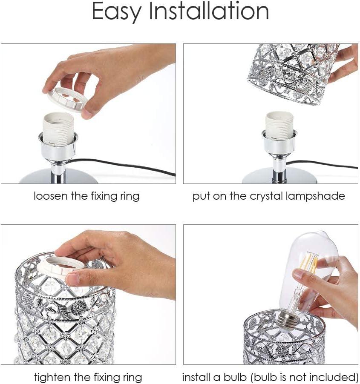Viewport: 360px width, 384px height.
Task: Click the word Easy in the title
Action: point(115,12)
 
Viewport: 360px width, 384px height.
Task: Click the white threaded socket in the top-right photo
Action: point(279,128)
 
